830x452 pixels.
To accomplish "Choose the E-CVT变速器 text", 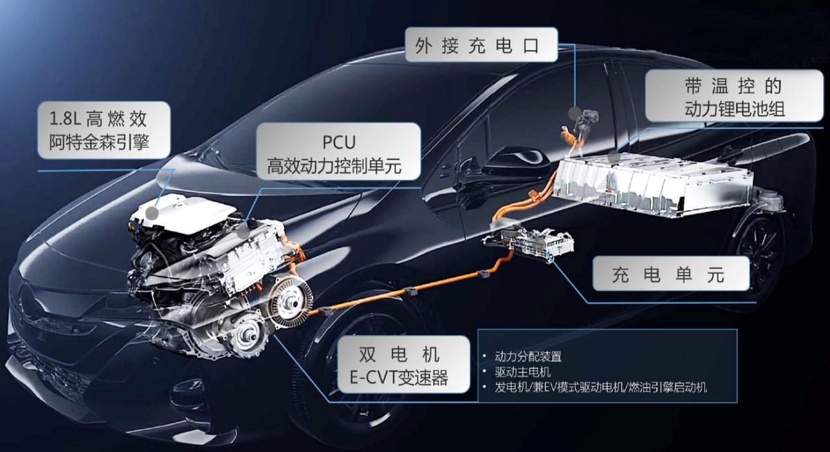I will (x=407, y=377).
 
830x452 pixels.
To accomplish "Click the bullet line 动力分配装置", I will (x=528, y=357).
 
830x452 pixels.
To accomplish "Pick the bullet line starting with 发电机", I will (x=600, y=388).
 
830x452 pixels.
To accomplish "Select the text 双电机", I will (x=407, y=354).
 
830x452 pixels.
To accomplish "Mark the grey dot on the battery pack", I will (x=614, y=158).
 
